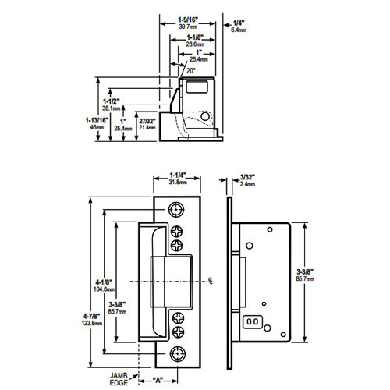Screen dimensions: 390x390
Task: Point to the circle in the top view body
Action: pos(207,115)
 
